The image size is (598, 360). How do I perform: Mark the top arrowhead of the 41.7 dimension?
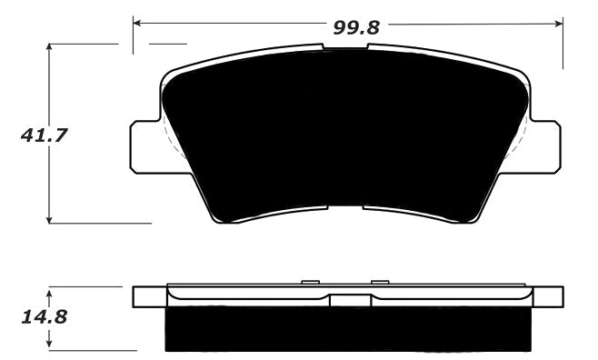(50, 45)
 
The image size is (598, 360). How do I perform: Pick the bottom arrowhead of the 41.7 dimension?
(50, 218)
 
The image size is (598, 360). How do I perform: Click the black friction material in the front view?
(345, 136)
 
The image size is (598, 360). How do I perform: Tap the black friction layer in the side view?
(345, 329)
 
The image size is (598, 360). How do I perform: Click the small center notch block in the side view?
(346, 300)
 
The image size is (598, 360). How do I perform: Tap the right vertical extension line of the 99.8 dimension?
(563, 41)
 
